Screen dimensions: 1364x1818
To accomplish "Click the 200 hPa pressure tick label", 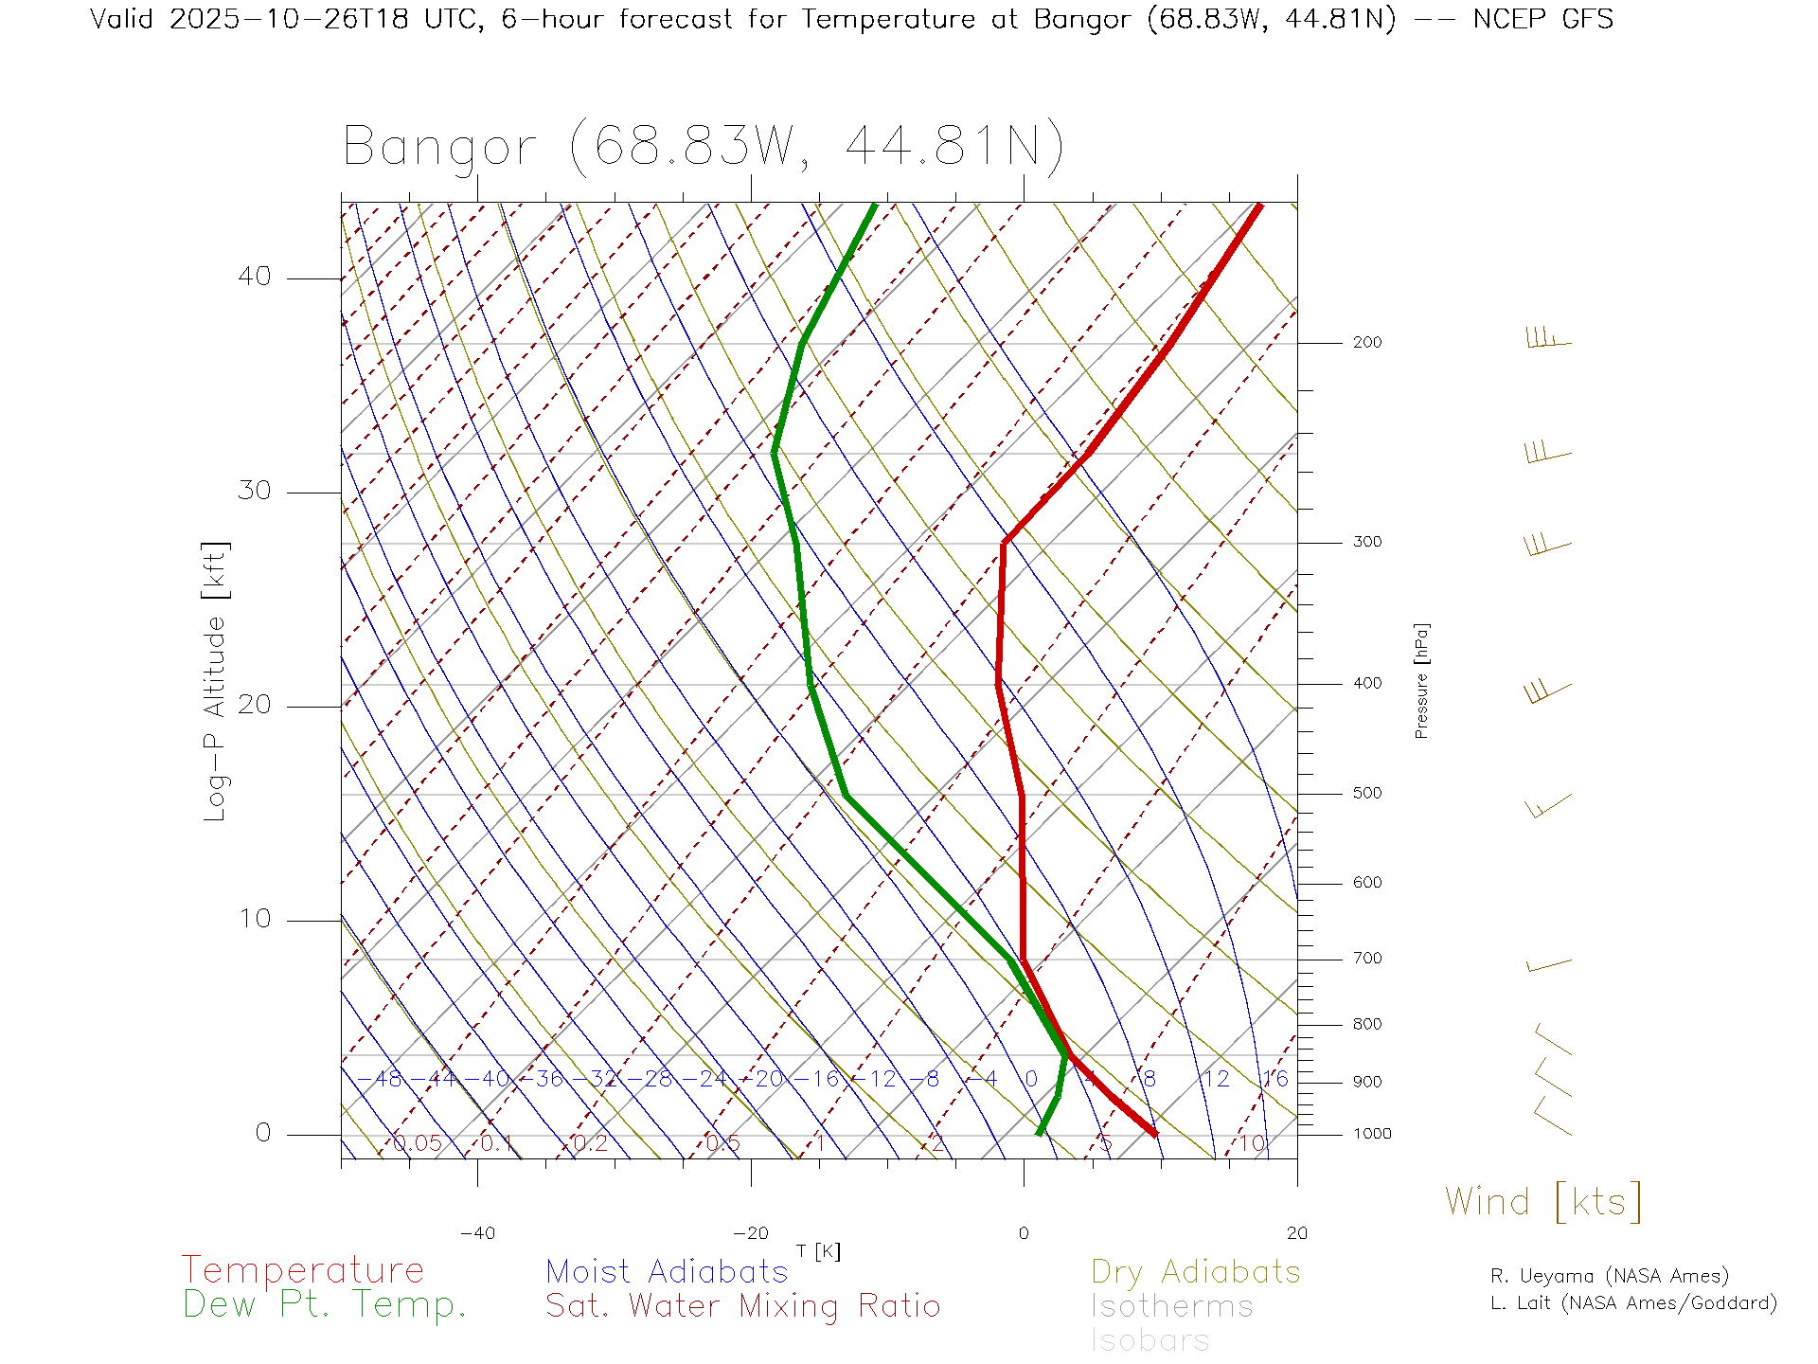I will click(1366, 343).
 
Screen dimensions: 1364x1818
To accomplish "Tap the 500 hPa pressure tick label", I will click(1366, 794).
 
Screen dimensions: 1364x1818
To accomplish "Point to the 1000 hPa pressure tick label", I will click(1372, 1134).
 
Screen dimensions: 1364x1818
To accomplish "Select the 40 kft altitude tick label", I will click(254, 277).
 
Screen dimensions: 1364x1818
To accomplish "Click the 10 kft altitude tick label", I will click(254, 919).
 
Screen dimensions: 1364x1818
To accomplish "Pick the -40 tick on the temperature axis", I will click(477, 1233).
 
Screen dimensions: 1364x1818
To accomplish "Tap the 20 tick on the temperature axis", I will click(1296, 1233).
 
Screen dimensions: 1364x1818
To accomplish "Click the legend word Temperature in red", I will click(302, 1270).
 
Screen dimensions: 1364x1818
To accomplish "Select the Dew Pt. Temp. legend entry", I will click(325, 1305).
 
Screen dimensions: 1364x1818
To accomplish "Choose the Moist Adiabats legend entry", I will click(667, 1272).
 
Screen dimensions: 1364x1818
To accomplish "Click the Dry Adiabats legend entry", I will click(1195, 1272).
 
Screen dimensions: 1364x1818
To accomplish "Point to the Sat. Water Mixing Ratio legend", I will click(742, 1306).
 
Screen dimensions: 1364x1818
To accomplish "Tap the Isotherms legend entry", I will click(1171, 1306).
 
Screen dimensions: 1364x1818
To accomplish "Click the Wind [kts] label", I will click(1542, 1202).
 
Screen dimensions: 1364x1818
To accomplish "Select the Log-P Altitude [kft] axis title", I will click(216, 681).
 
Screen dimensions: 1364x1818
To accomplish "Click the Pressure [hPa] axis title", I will click(1421, 680).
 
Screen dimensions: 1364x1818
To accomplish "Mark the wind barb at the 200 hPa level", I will click(1548, 339).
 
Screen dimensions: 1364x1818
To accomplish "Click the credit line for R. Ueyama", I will click(1609, 1276).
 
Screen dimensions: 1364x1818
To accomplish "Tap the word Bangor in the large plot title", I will click(440, 148).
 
